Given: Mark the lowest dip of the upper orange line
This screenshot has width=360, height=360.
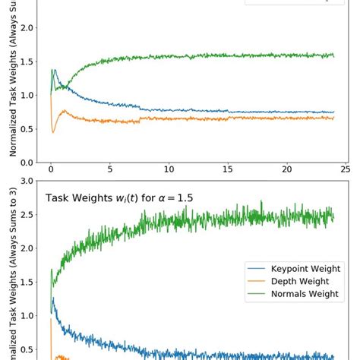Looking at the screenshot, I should (53, 133).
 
